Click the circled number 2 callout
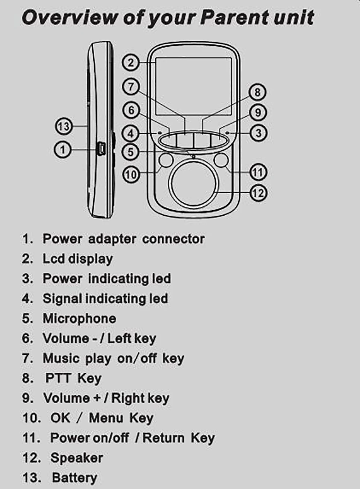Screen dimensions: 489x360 [x=130, y=63]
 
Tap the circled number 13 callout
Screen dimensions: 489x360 [x=63, y=126]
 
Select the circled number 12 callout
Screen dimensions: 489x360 [x=258, y=193]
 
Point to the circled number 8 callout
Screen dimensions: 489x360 [x=257, y=92]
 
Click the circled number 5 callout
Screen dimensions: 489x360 [x=131, y=152]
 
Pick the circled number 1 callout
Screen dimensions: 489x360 [x=63, y=149]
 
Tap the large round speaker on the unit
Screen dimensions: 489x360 [x=194, y=184]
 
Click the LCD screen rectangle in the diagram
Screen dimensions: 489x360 [x=194, y=86]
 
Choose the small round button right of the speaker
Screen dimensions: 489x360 [x=221, y=160]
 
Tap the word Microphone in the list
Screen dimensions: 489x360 [x=79, y=319]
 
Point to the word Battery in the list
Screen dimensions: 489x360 [x=75, y=478]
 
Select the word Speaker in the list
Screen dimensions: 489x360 [x=77, y=458]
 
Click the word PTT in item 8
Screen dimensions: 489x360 [x=58, y=378]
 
